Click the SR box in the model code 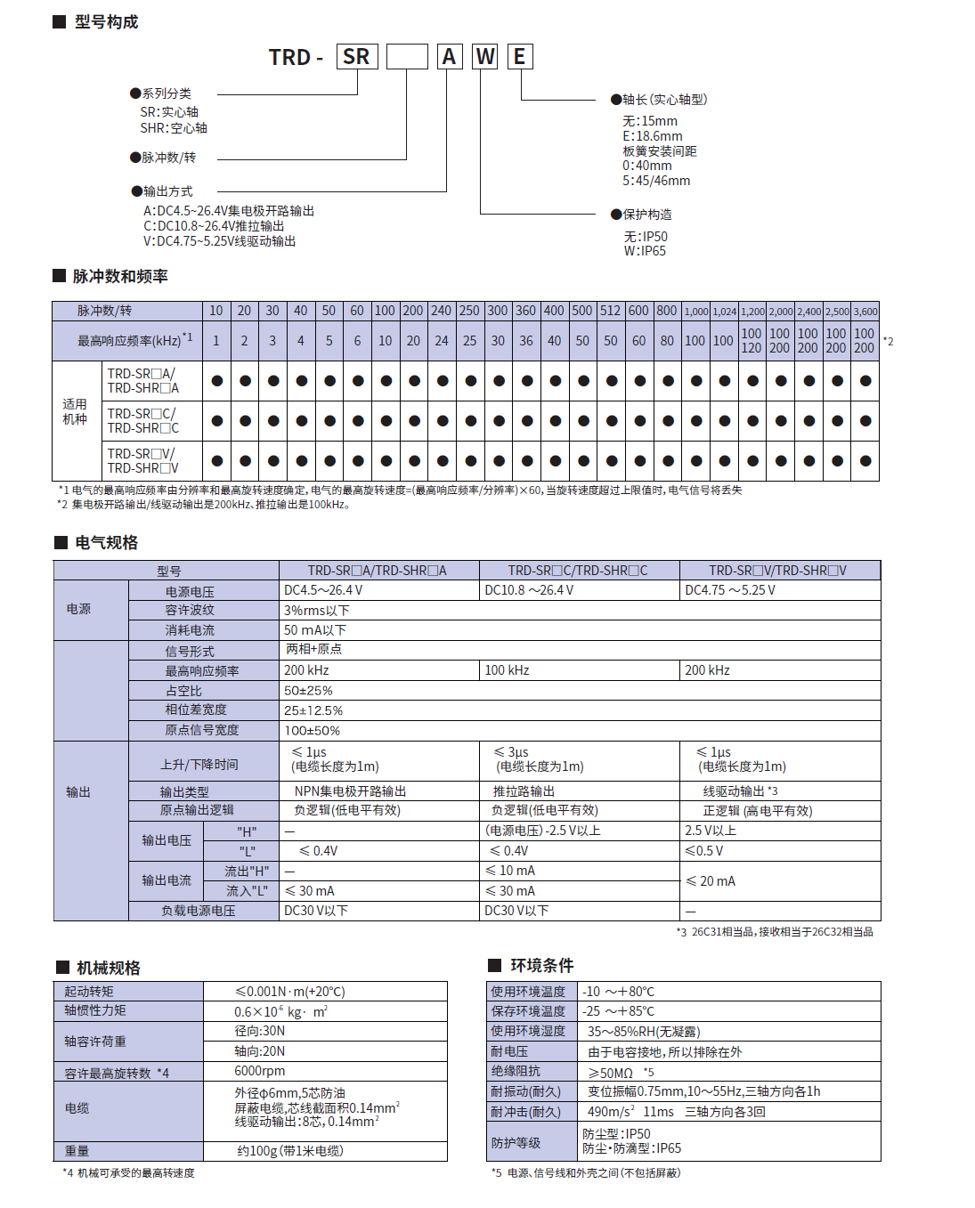click(x=357, y=57)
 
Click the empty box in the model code click(x=407, y=57)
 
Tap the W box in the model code click(x=485, y=57)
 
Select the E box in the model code click(x=520, y=57)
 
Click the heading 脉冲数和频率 click(x=120, y=276)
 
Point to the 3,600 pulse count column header click(x=865, y=312)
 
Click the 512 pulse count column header click(x=610, y=311)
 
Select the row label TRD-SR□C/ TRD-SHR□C click(x=142, y=420)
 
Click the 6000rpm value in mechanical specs click(x=260, y=1071)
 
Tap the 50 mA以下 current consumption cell click(x=315, y=629)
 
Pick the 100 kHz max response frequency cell click(x=507, y=669)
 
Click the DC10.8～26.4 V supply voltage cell click(x=529, y=590)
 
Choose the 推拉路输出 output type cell click(x=524, y=790)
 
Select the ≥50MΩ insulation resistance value click(x=611, y=1073)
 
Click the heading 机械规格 click(x=108, y=968)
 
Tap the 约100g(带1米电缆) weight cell click(x=290, y=1150)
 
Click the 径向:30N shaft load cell click(x=260, y=1030)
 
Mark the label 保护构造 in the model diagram click(x=647, y=215)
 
